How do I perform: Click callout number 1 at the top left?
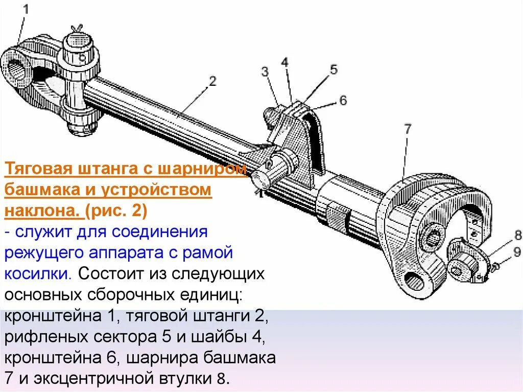[x=25, y=9]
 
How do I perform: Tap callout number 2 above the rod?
[x=212, y=80]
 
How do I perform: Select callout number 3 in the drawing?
[x=265, y=72]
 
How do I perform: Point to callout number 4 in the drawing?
[x=284, y=62]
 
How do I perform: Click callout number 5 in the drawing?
[x=334, y=70]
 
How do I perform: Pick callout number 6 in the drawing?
[x=343, y=100]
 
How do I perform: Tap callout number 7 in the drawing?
[x=407, y=129]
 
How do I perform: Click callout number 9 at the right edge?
[x=516, y=251]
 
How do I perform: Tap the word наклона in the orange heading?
[x=40, y=211]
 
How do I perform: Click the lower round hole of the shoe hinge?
[x=414, y=280]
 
